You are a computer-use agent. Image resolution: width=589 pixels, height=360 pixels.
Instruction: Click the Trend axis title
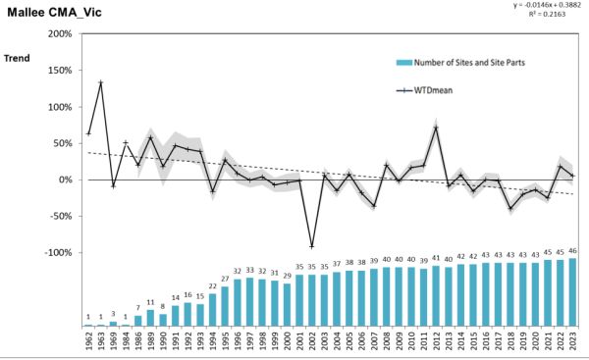coord(17,58)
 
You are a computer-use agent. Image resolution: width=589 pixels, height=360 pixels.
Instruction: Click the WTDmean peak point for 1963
coord(101,82)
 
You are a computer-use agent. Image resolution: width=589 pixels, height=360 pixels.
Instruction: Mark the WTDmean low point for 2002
coord(312,246)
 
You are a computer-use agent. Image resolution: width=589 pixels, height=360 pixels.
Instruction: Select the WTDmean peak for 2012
coord(436,128)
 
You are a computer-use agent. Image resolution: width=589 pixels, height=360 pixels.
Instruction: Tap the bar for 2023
coord(572,291)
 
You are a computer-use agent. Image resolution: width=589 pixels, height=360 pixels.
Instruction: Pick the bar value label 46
coord(572,252)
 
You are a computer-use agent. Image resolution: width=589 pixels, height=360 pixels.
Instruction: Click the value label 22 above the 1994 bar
coord(213,286)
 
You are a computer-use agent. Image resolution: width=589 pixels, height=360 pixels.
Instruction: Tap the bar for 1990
coord(163,319)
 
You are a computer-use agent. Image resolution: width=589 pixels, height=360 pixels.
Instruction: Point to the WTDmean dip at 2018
coord(510,208)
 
